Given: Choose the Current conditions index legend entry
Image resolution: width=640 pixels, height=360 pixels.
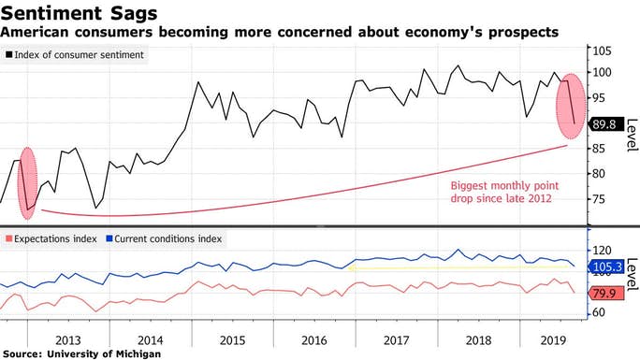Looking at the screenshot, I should [169, 238].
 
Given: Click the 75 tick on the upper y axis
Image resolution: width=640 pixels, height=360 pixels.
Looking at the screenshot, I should [602, 199].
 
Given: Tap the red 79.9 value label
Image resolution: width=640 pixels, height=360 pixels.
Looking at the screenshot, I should [604, 293].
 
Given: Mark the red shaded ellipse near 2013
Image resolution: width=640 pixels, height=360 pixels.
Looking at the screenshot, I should [28, 182].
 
